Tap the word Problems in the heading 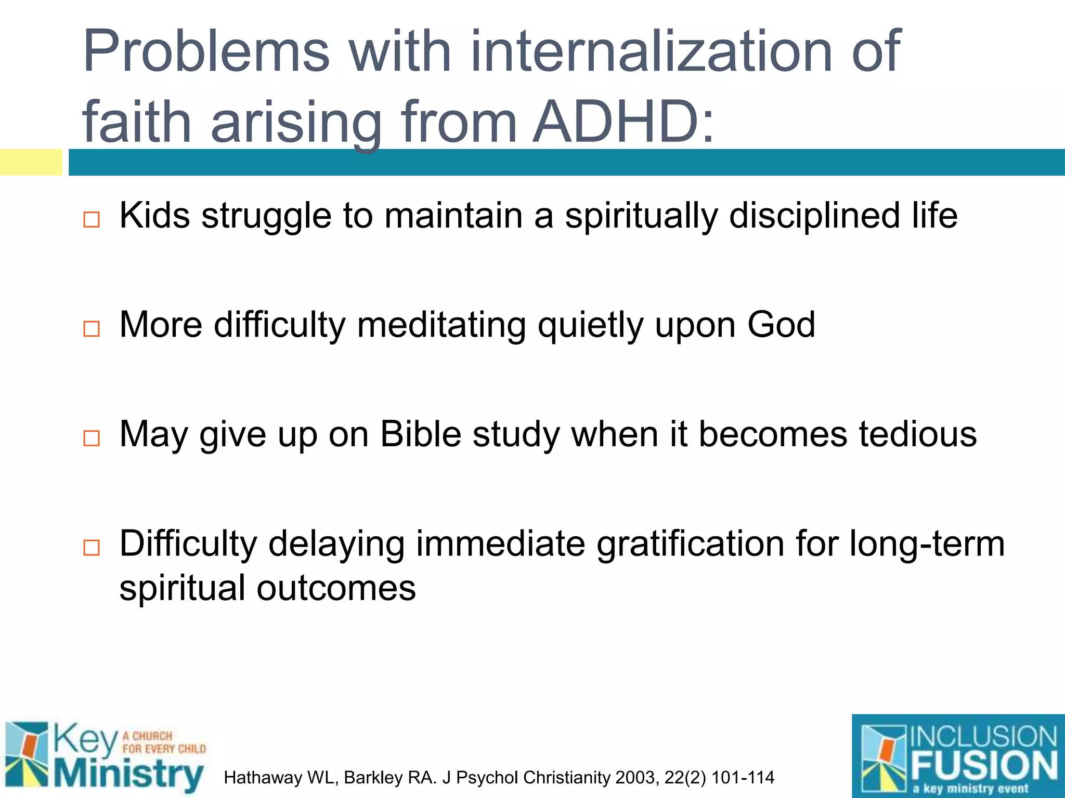point(206,52)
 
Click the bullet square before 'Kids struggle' point(92,219)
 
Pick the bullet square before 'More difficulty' point(92,328)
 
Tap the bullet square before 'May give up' point(92,438)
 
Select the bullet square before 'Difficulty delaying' point(92,548)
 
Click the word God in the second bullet point(781,325)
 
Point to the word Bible point(421,434)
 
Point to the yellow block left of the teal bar point(31,162)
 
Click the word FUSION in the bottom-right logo point(984,765)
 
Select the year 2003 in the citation point(637,778)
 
